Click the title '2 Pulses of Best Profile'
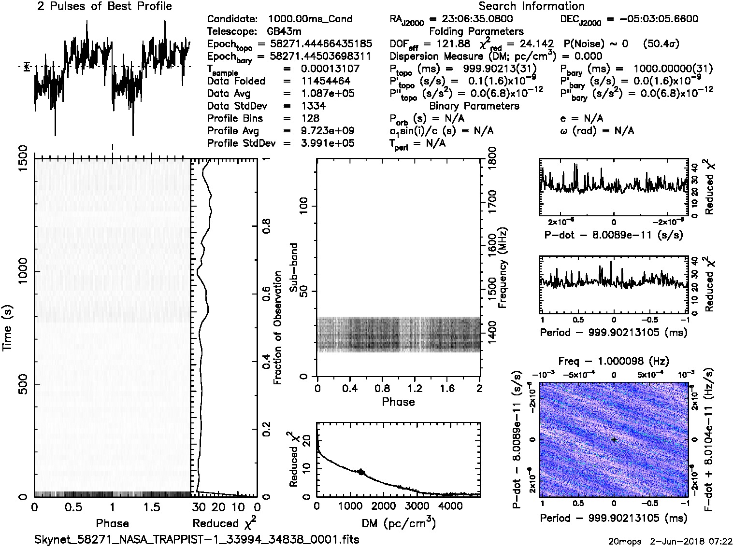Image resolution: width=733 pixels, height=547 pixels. [x=104, y=6]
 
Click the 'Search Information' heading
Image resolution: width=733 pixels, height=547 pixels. [x=531, y=6]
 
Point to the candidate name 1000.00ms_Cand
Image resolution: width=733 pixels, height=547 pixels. [x=310, y=19]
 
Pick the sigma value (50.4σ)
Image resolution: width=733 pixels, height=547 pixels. [x=661, y=44]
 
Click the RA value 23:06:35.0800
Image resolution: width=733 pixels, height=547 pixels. [x=471, y=19]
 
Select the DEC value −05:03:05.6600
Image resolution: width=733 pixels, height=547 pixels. [x=652, y=19]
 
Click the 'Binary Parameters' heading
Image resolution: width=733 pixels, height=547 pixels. [x=474, y=106]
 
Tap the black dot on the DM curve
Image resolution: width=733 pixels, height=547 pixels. [x=361, y=472]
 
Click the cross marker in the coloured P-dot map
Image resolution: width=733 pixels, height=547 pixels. [x=614, y=439]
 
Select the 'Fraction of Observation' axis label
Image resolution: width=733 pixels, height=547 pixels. [x=278, y=328]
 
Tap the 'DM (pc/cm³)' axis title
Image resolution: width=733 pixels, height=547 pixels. [x=398, y=523]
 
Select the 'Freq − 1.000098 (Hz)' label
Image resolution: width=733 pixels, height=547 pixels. [x=614, y=361]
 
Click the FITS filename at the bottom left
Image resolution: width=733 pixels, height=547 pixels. [x=197, y=539]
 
